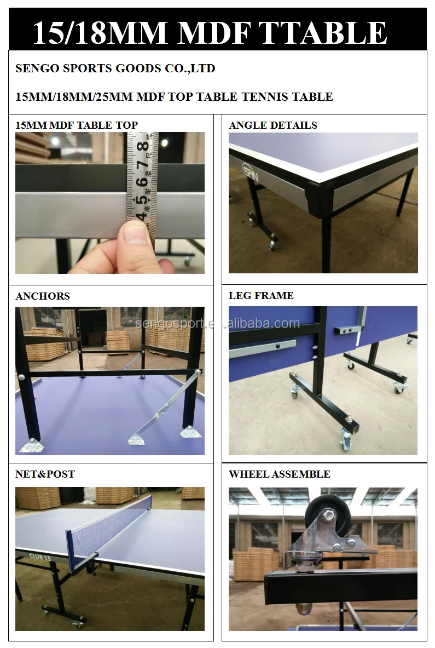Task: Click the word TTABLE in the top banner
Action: point(322,32)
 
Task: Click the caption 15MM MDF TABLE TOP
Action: point(77,125)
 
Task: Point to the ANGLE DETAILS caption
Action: point(273,125)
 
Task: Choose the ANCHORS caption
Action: point(43,296)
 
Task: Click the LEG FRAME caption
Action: point(261,296)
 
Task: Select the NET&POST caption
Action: point(45,474)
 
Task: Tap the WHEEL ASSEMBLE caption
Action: point(279,474)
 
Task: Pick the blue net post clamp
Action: point(73,548)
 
